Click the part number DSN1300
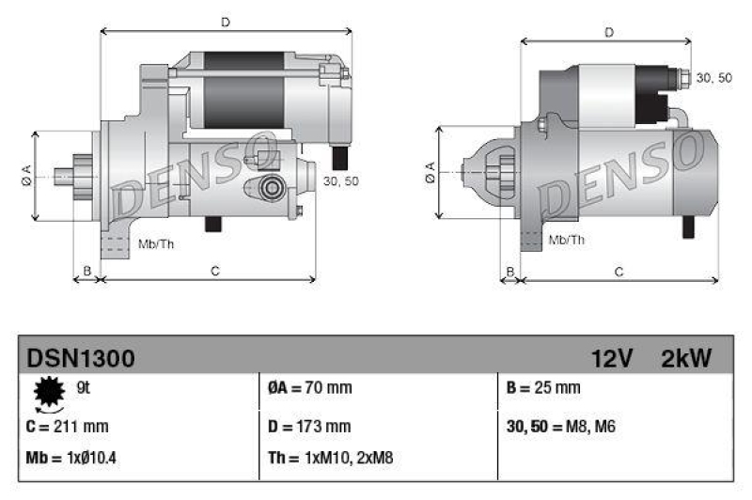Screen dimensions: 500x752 pos(81,358)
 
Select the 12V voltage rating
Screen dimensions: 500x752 pos(612,358)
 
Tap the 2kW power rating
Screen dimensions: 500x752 pos(686,358)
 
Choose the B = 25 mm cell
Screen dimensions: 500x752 pos(543,387)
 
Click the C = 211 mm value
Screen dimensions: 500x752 pos(68,426)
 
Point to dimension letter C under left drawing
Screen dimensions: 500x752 pos(214,272)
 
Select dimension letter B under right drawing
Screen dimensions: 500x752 pos(510,272)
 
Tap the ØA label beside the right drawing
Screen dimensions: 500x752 pos(430,172)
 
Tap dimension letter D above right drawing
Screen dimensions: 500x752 pos(609,33)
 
